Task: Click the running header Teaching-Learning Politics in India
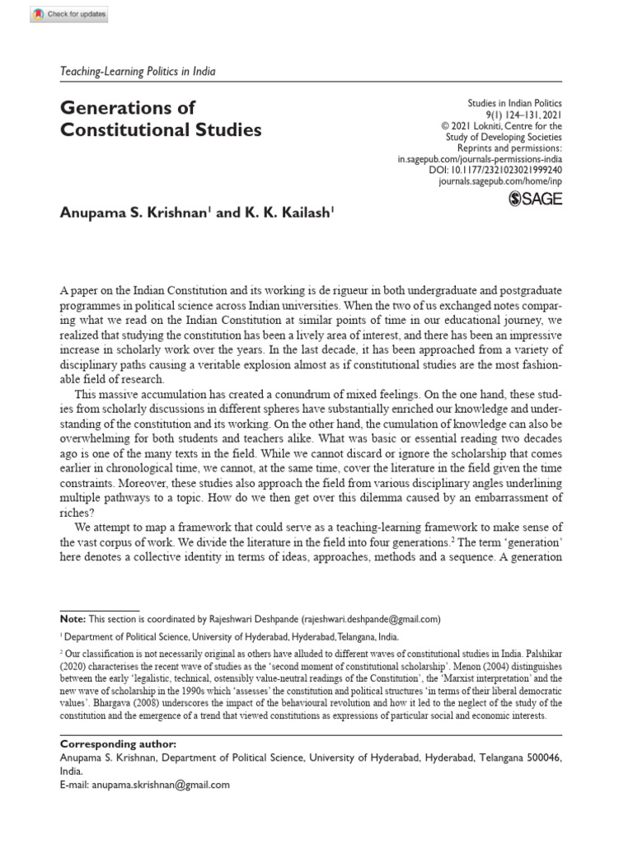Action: coord(138,72)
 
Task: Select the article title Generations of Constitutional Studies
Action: coord(161,119)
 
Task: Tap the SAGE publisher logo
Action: coord(537,199)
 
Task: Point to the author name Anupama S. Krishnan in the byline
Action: coord(134,212)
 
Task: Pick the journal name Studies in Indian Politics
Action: coord(514,105)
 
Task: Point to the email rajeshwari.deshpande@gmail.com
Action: coord(371,618)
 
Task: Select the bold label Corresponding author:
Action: coord(109,743)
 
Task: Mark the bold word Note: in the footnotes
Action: coord(73,618)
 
